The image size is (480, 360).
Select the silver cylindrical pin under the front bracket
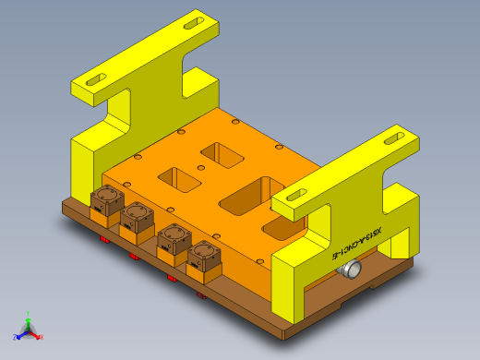click(351, 270)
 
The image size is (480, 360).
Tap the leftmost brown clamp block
click(106, 201)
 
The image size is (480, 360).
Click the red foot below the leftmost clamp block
click(103, 240)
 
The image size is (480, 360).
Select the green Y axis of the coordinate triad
click(29, 317)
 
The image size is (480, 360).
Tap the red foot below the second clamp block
click(135, 258)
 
